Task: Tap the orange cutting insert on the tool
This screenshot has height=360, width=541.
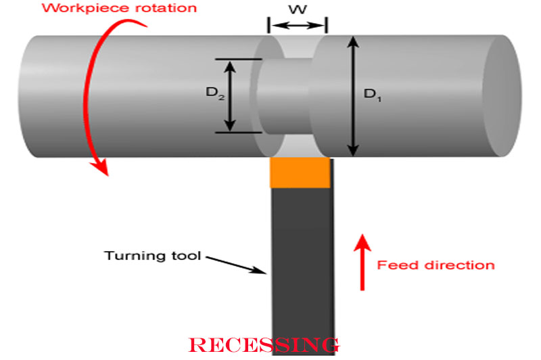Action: click(300, 173)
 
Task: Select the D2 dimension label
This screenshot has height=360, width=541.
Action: click(214, 94)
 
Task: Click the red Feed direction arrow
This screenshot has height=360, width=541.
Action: click(362, 261)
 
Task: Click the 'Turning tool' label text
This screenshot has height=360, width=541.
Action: click(153, 256)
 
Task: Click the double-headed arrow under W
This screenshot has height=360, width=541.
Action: click(298, 26)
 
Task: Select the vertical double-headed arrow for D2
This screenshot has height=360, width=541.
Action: click(231, 95)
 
